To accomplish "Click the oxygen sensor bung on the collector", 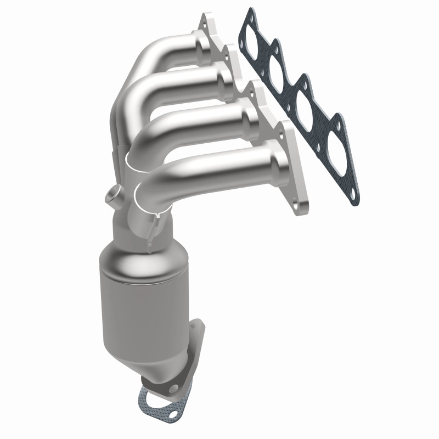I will tap(112, 195).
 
